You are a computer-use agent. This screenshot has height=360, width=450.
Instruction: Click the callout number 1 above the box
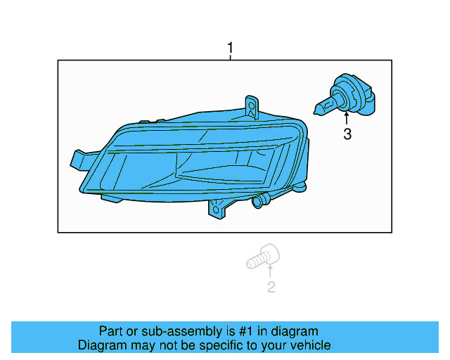(x=229, y=49)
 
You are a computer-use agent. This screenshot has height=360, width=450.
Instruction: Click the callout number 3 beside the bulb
(x=347, y=134)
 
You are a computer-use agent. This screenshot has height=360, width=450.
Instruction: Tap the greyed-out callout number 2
(x=271, y=287)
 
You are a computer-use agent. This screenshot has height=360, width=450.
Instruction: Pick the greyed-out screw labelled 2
(x=263, y=257)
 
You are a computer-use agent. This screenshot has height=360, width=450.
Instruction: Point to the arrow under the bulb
(x=347, y=117)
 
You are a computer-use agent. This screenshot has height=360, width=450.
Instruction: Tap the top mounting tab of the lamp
(x=251, y=104)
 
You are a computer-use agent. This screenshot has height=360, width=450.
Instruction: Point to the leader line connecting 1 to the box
(x=229, y=58)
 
